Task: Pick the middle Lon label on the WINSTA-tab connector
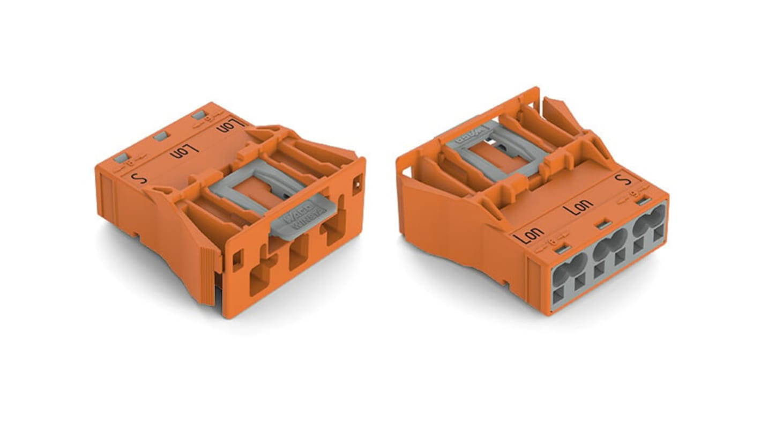point(184,151)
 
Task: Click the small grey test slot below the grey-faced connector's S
point(645,201)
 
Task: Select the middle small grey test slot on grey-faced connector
point(605,224)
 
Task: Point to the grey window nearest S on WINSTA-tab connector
point(121,158)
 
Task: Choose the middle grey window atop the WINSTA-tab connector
point(160,136)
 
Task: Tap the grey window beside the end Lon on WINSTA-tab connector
point(198,115)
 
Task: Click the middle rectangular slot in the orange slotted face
point(298,252)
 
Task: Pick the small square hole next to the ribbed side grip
point(236,260)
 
